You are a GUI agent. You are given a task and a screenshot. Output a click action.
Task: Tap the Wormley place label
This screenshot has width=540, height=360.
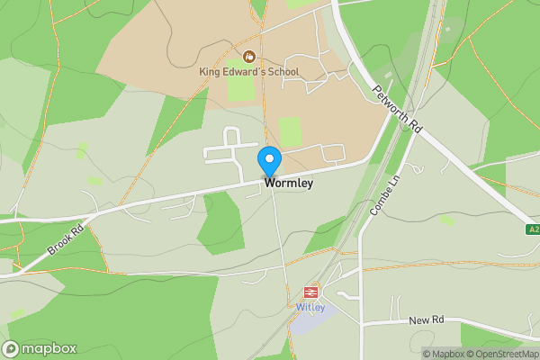click(x=289, y=183)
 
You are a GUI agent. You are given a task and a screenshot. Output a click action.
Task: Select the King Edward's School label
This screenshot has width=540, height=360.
click(x=248, y=72)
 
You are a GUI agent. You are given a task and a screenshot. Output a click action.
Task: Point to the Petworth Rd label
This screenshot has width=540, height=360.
click(x=397, y=109)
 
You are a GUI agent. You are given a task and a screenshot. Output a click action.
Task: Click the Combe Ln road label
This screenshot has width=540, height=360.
click(x=383, y=193)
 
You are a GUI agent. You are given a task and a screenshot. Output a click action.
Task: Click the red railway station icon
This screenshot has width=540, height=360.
click(x=310, y=292)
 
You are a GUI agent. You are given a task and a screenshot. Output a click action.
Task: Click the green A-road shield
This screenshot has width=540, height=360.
click(x=533, y=230)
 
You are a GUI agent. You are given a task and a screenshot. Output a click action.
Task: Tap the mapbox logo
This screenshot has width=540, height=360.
click(x=40, y=348)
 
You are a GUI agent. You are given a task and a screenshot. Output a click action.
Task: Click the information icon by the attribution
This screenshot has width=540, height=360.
click(x=427, y=354)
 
